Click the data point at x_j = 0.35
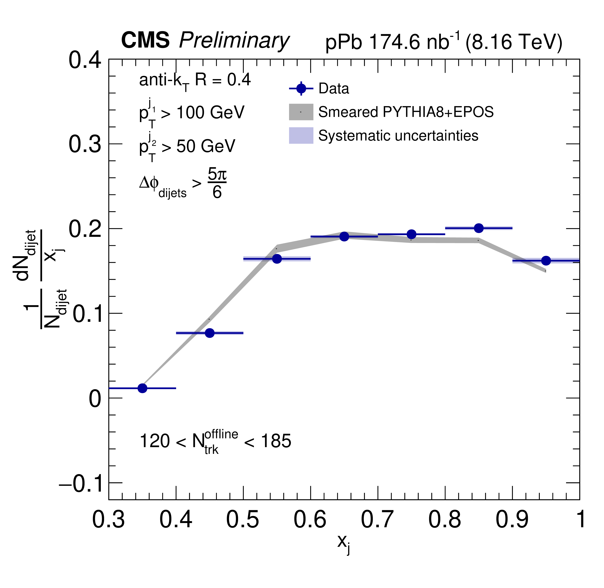pyautogui.click(x=142, y=388)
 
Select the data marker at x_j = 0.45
pyautogui.click(x=210, y=333)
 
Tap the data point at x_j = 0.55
pyautogui.click(x=277, y=259)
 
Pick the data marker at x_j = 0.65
pyautogui.click(x=344, y=237)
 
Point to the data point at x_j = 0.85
pyautogui.click(x=479, y=228)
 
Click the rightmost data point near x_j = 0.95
pyautogui.click(x=546, y=261)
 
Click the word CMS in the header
pyautogui.click(x=145, y=40)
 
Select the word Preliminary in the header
pyautogui.click(x=234, y=41)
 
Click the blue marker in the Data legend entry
pyautogui.click(x=301, y=89)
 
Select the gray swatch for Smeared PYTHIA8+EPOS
pyautogui.click(x=301, y=112)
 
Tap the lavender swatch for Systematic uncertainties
pyautogui.click(x=301, y=136)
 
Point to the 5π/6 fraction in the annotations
pyautogui.click(x=217, y=183)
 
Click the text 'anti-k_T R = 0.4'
pyautogui.click(x=195, y=81)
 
